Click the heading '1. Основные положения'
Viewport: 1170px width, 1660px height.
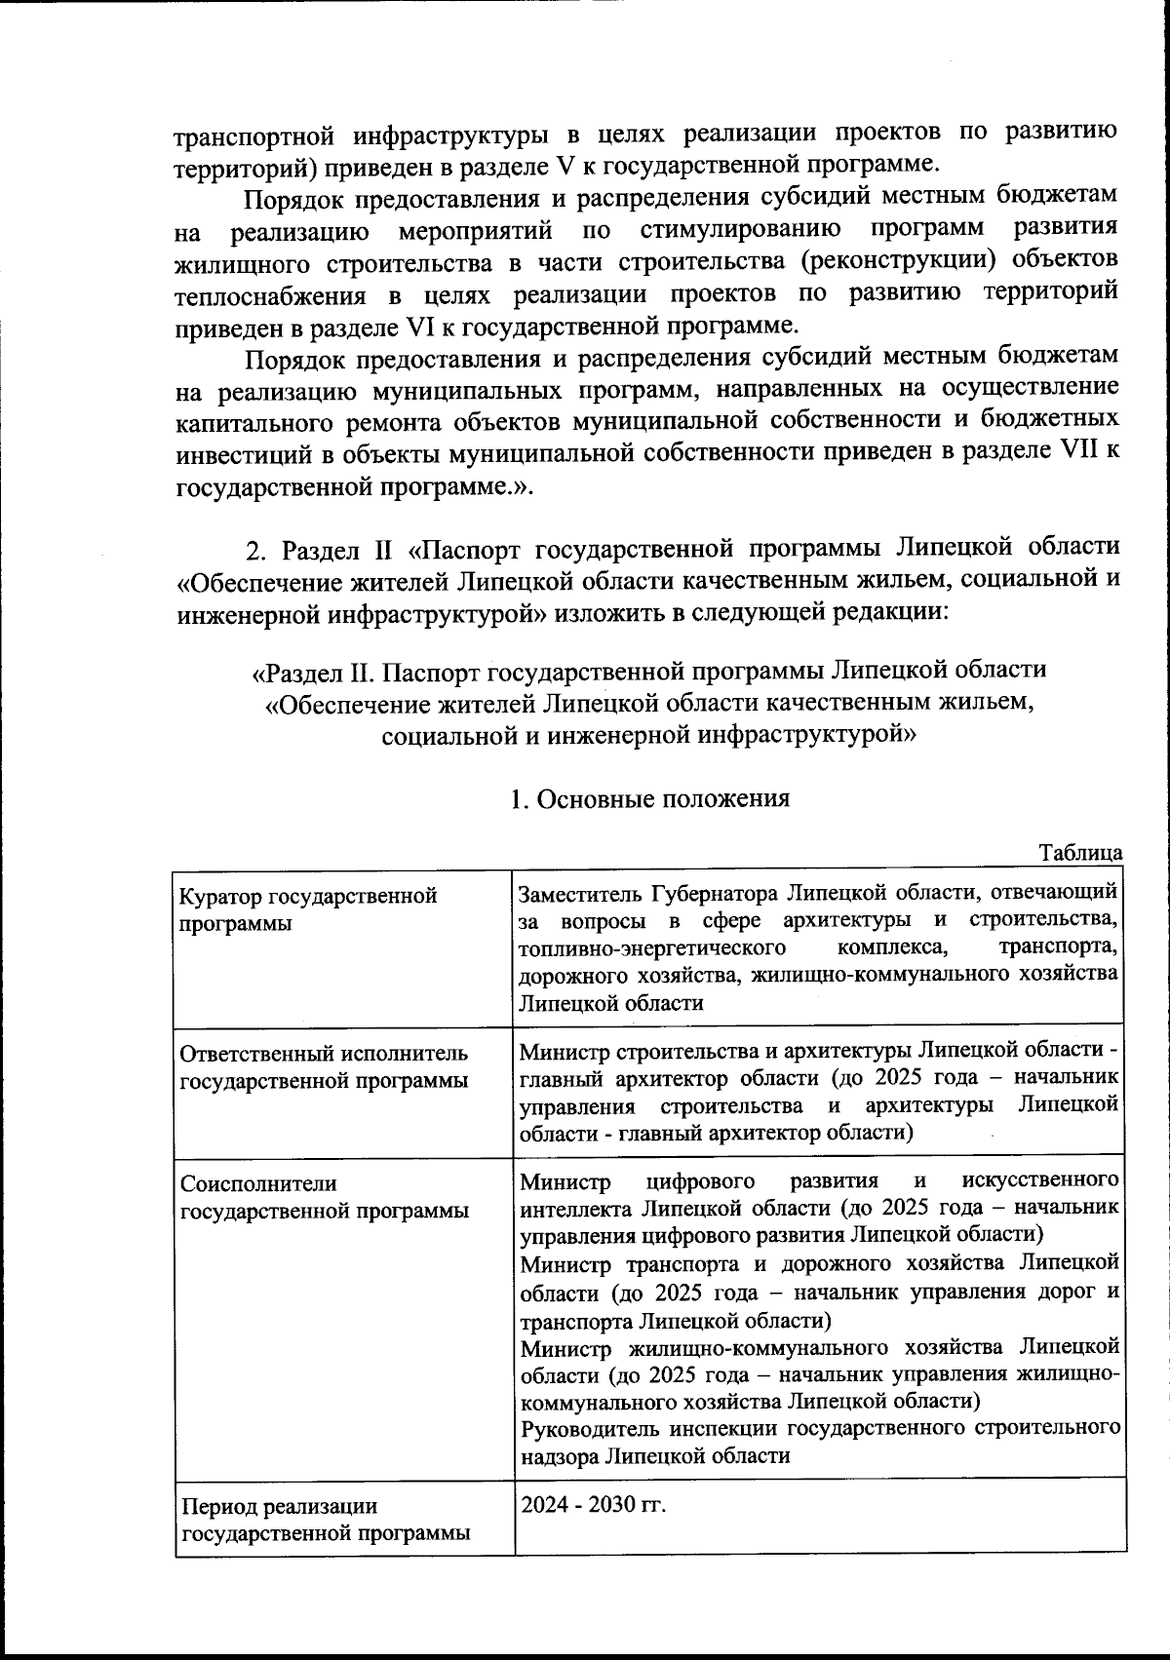[x=649, y=798]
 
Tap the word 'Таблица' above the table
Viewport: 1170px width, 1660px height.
[x=1081, y=853]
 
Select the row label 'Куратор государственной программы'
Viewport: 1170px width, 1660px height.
[x=306, y=908]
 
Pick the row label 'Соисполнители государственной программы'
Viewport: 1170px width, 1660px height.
[x=324, y=1197]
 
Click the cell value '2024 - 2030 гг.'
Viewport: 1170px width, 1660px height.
[x=593, y=1505]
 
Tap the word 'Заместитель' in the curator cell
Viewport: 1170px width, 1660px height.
[x=580, y=893]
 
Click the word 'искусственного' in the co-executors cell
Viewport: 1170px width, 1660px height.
[x=1038, y=1181]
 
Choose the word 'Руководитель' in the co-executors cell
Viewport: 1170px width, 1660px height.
[x=589, y=1429]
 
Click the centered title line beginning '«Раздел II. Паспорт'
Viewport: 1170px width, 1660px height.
[x=649, y=672]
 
